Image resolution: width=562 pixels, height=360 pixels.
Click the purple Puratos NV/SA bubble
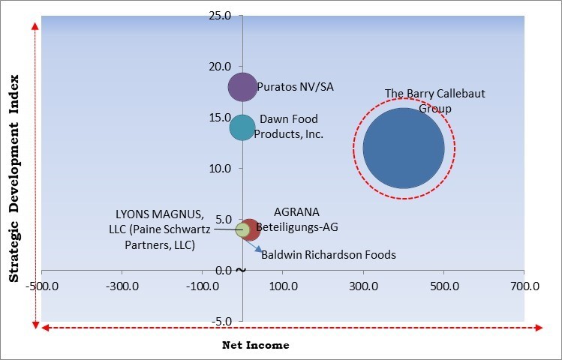[242, 87]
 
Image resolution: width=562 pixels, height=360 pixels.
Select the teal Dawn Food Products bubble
[242, 127]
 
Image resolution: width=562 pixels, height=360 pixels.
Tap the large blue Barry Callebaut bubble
[404, 148]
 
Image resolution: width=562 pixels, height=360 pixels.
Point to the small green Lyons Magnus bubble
[242, 229]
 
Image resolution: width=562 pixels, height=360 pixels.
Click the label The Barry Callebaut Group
[425, 100]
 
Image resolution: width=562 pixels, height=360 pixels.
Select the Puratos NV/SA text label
[295, 87]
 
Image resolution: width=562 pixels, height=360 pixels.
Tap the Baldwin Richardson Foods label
[328, 255]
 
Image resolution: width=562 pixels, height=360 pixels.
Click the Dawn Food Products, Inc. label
[288, 127]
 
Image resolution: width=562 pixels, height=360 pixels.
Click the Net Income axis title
[255, 345]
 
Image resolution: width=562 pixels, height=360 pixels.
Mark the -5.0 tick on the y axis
[218, 321]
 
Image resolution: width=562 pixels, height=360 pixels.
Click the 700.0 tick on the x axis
[524, 285]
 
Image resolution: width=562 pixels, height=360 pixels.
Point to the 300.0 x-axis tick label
[363, 285]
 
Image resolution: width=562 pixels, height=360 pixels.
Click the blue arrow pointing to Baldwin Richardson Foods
[254, 249]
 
